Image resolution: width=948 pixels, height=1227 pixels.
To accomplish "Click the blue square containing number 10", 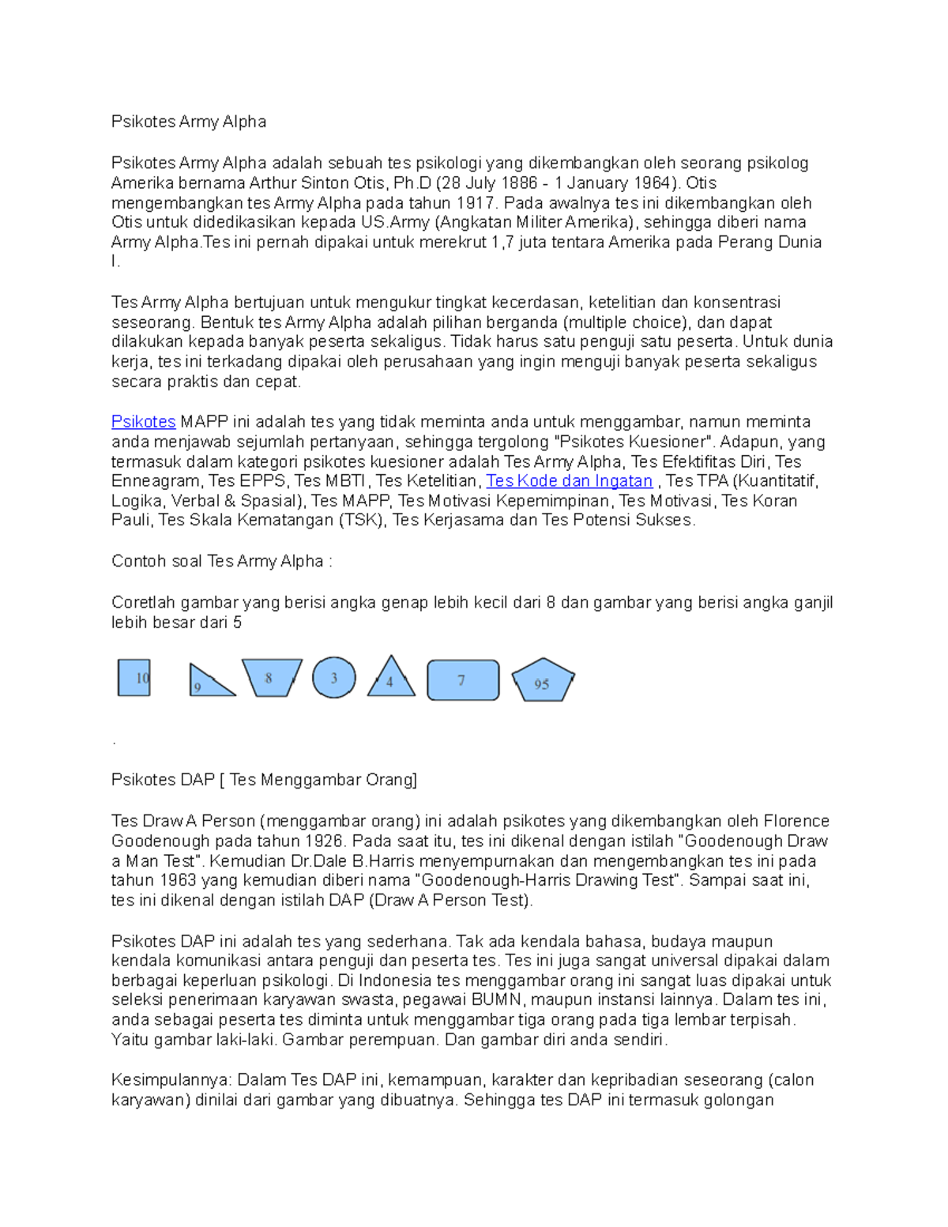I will [134, 678].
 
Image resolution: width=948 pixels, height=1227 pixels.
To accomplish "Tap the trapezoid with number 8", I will [271, 677].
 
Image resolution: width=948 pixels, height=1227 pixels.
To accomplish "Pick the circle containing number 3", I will [333, 678].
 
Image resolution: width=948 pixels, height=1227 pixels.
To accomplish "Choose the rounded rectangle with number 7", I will [463, 680].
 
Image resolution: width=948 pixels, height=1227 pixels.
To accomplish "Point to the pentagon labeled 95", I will [543, 681].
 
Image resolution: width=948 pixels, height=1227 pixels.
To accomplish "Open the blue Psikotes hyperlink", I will [143, 422].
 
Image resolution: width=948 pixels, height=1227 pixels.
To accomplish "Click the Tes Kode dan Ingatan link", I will [569, 481].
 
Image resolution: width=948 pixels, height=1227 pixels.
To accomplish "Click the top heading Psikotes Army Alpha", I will [188, 122].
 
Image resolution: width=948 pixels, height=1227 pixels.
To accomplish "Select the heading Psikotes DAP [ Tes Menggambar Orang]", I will [264, 780].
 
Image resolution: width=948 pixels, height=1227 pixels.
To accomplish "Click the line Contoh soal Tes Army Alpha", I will [221, 562].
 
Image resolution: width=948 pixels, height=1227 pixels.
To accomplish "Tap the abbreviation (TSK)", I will [362, 521].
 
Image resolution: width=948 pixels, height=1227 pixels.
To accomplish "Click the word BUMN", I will [497, 1000].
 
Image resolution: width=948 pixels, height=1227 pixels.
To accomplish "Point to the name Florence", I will [796, 822].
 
